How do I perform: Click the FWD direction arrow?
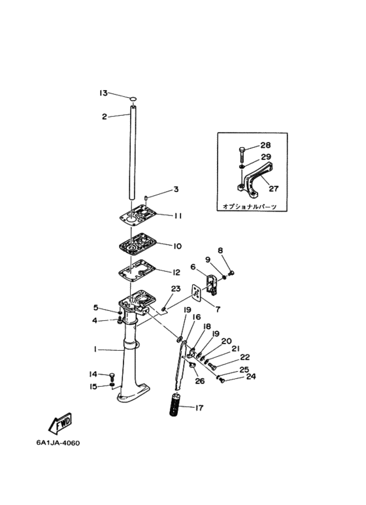(60, 423)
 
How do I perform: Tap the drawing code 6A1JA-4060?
(58, 443)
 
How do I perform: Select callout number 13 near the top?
(103, 93)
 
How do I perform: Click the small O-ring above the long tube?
(134, 98)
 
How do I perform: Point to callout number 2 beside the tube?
(105, 116)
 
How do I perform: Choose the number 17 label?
(199, 408)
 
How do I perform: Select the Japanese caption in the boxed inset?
(250, 206)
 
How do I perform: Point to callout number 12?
(176, 272)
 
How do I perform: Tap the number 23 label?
(176, 289)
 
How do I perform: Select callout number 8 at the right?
(220, 250)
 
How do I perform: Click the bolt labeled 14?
(112, 376)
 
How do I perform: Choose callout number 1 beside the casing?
(95, 349)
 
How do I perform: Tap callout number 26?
(200, 381)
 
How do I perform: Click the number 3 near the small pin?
(176, 189)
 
